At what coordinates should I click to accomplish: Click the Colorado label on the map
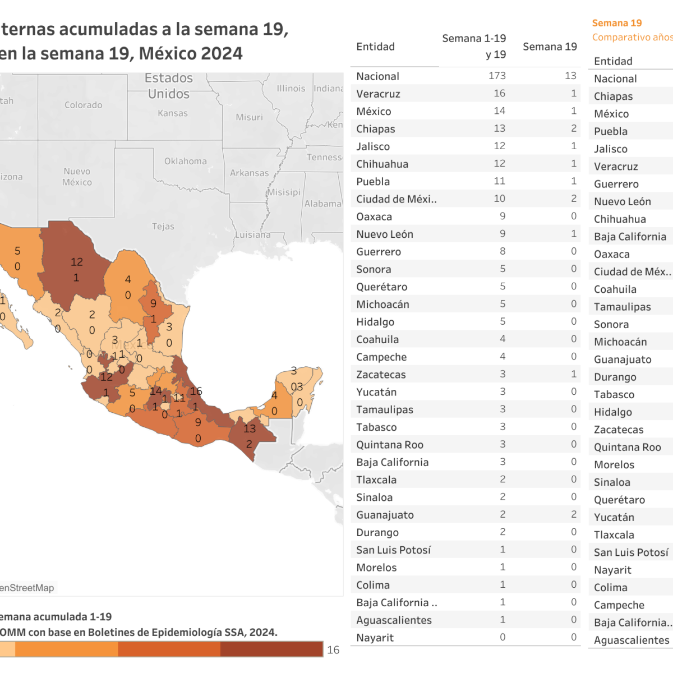[x=84, y=105]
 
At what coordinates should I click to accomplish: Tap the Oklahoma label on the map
[x=186, y=161]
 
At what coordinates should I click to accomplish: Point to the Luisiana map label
[x=252, y=234]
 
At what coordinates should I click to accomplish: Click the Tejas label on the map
[x=163, y=227]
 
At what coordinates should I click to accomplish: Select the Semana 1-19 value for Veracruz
[x=499, y=93]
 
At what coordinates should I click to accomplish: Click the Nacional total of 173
[x=497, y=75]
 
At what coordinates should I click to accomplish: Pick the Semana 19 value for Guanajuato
[x=573, y=514]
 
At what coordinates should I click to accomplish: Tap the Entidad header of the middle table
[x=375, y=47]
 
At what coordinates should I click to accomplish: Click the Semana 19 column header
[x=550, y=47]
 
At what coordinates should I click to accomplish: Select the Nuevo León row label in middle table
[x=385, y=234]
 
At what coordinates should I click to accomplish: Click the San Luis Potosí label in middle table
[x=393, y=550]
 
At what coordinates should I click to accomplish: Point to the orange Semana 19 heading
[x=617, y=23]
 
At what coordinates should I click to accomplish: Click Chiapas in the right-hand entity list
[x=613, y=96]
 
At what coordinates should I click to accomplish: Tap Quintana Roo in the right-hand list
[x=627, y=447]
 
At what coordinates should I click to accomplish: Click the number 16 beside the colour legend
[x=333, y=650]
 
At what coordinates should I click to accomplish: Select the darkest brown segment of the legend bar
[x=271, y=649]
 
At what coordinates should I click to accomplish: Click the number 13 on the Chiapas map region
[x=250, y=428]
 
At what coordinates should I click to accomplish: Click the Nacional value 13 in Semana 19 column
[x=570, y=75]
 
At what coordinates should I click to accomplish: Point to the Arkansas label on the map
[x=249, y=173]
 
